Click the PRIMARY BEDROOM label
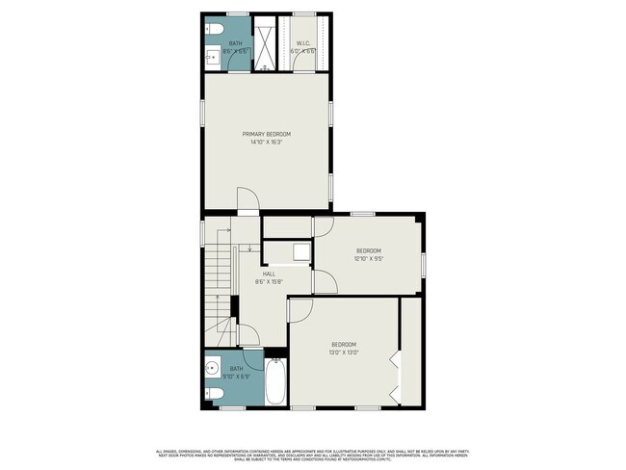coord(266,134)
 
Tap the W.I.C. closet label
coord(302,42)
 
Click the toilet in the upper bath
coord(213,29)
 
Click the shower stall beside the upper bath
coord(264,43)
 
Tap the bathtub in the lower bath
coord(274,383)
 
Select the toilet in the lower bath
coord(213,392)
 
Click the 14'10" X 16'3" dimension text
coord(266,143)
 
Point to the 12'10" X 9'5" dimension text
coord(369,258)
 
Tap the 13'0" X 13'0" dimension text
coord(345,352)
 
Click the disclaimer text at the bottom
coord(313,454)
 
